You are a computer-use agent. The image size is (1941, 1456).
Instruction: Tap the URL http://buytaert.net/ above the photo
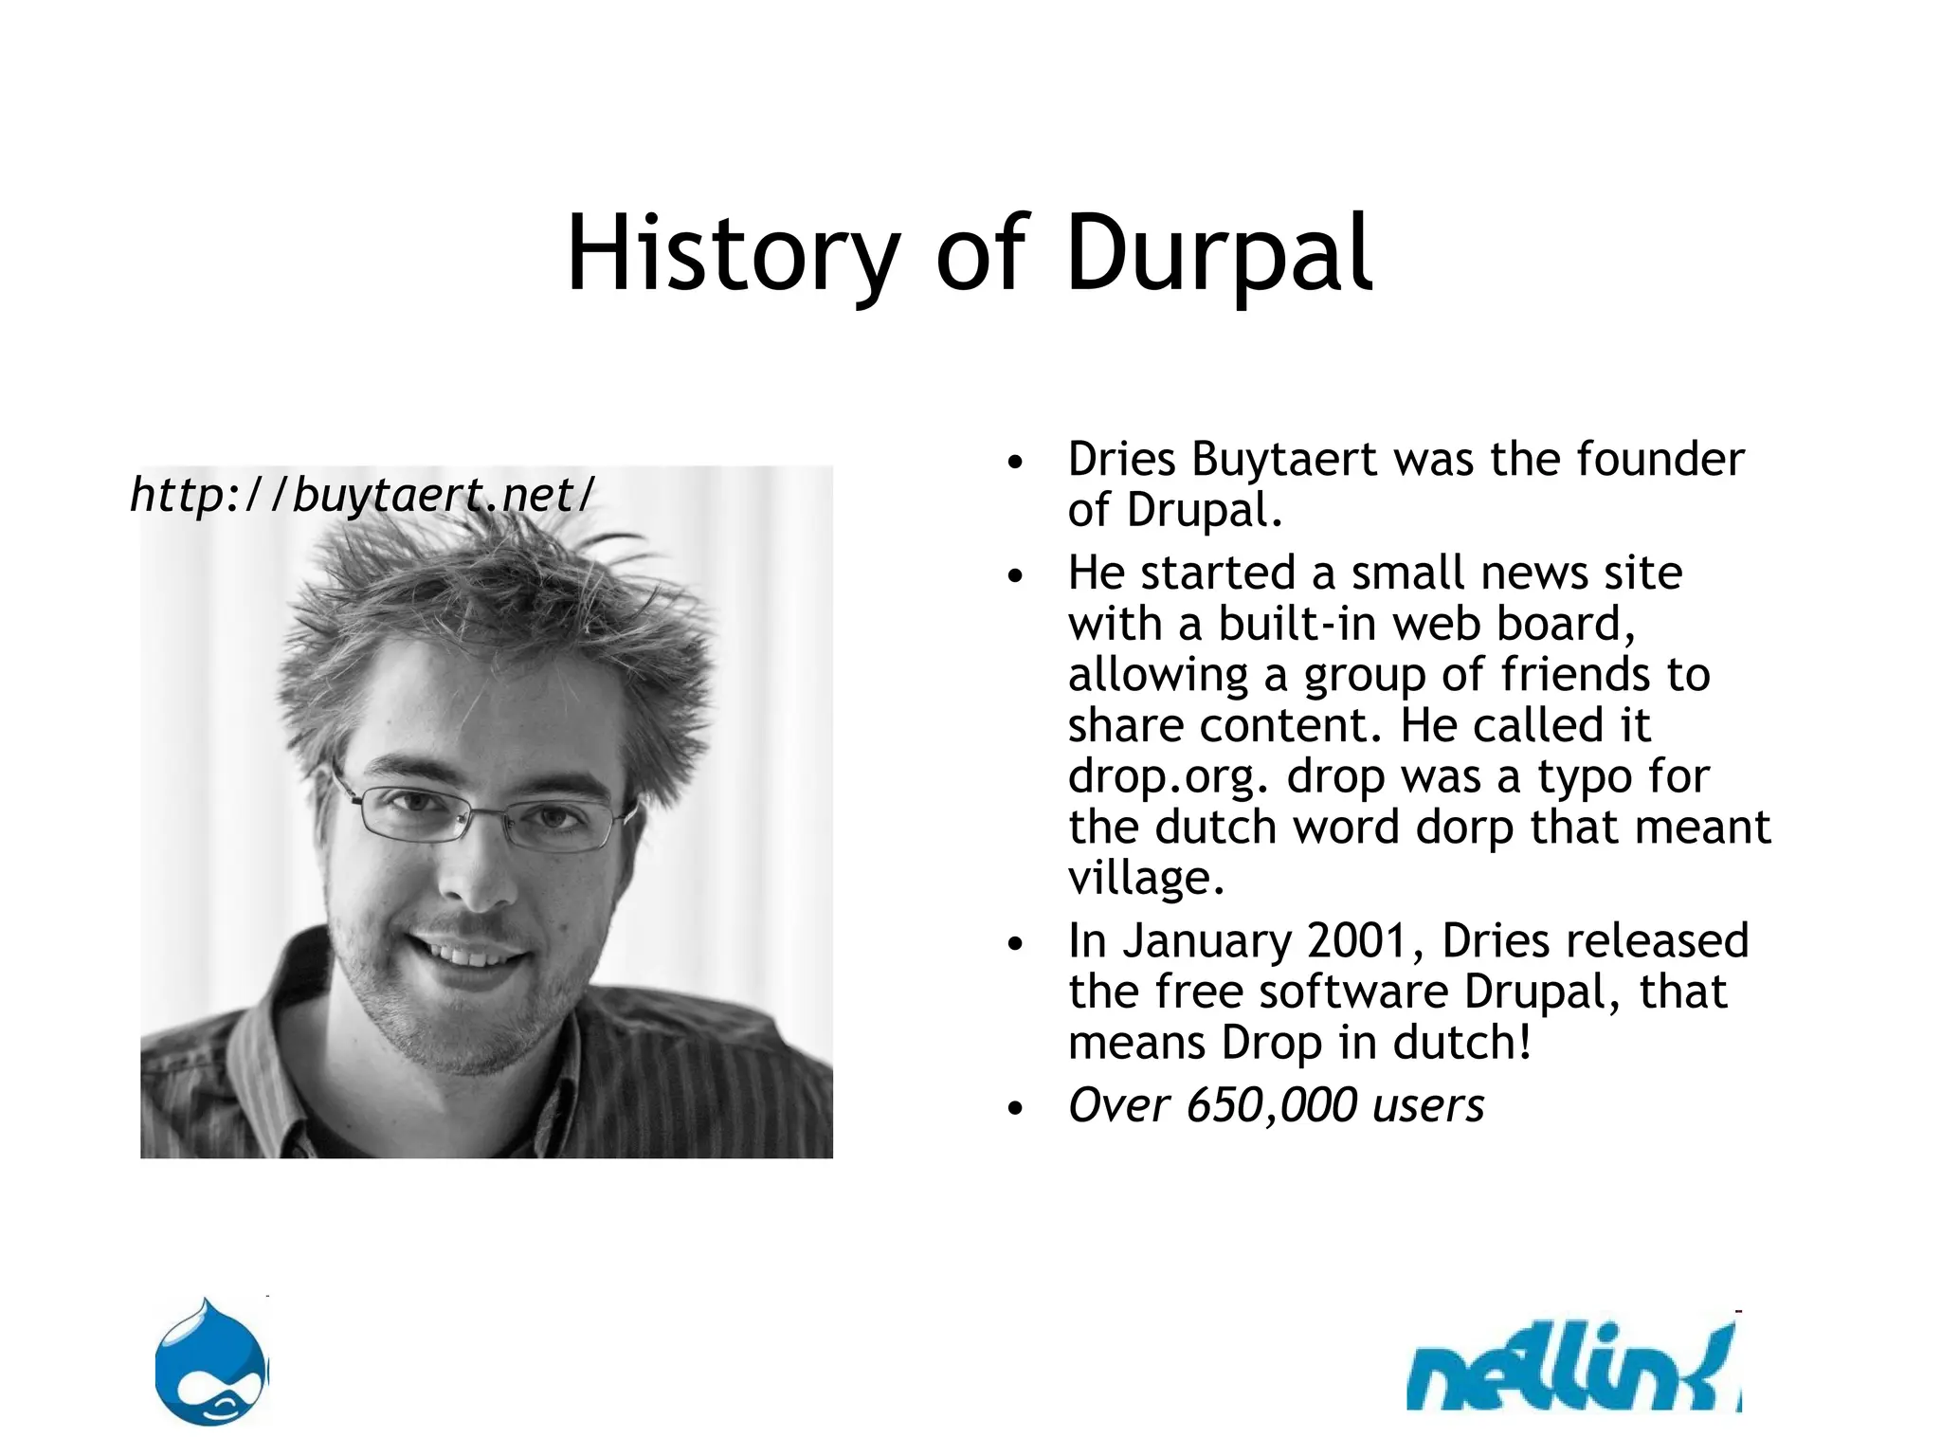click(362, 494)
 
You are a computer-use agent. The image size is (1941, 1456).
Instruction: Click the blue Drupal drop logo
click(212, 1363)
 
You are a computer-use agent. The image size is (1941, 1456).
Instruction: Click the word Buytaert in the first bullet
click(1283, 460)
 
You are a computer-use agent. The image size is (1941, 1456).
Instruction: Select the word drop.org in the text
click(1167, 776)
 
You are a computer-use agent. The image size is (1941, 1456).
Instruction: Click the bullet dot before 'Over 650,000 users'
click(1016, 1108)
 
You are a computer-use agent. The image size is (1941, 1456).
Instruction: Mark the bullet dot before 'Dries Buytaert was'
click(1016, 464)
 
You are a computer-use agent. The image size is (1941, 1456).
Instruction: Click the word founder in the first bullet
click(1660, 460)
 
